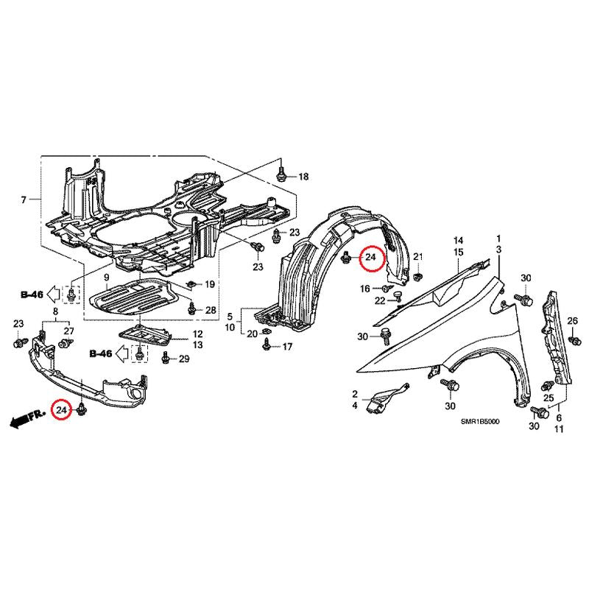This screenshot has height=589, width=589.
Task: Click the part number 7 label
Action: [x=24, y=200]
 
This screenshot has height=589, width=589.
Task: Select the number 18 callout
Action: [x=303, y=177]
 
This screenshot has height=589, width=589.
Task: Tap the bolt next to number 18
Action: [x=281, y=174]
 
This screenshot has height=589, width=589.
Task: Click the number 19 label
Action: [x=210, y=284]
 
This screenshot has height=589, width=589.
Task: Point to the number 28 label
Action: [x=211, y=310]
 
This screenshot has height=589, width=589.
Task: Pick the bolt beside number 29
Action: [x=165, y=359]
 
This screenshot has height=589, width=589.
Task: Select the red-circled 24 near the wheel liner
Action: [x=372, y=257]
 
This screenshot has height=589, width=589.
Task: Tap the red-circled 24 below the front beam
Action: [x=61, y=410]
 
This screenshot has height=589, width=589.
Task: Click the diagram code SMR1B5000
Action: [x=481, y=422]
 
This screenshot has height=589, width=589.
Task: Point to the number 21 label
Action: [x=418, y=257]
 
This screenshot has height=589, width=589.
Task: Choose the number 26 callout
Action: [x=573, y=321]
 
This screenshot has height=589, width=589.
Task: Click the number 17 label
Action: [x=287, y=347]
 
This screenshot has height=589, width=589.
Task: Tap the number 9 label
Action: [x=107, y=278]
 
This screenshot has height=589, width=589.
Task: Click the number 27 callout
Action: [x=68, y=331]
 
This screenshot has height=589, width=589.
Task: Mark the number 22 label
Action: [x=380, y=300]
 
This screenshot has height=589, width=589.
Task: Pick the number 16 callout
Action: [x=365, y=289]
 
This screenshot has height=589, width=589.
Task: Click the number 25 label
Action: [x=549, y=398]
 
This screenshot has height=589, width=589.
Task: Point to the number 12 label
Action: [x=197, y=334]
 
